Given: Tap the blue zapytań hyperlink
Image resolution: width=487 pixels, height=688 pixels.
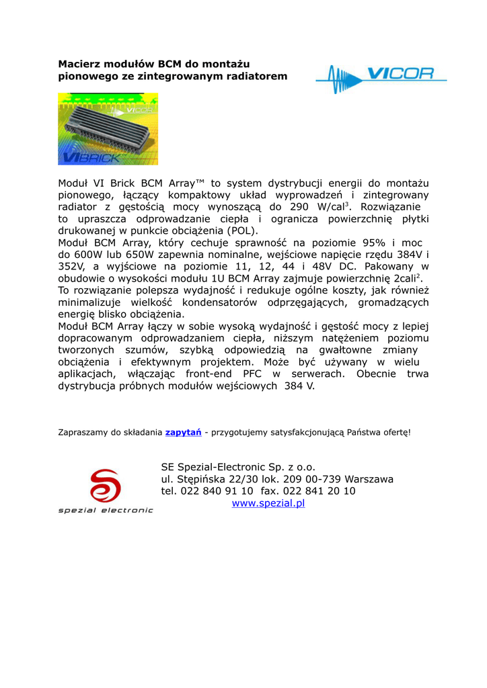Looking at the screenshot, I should tap(183, 432).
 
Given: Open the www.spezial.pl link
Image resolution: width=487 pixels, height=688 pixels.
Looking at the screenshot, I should tap(268, 503).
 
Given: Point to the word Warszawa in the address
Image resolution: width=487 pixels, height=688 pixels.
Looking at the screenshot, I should tap(369, 479).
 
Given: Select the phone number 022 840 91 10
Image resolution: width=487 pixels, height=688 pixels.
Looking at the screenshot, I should tap(217, 491).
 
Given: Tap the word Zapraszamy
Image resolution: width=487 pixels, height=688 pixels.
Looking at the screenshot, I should tap(83, 432).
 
